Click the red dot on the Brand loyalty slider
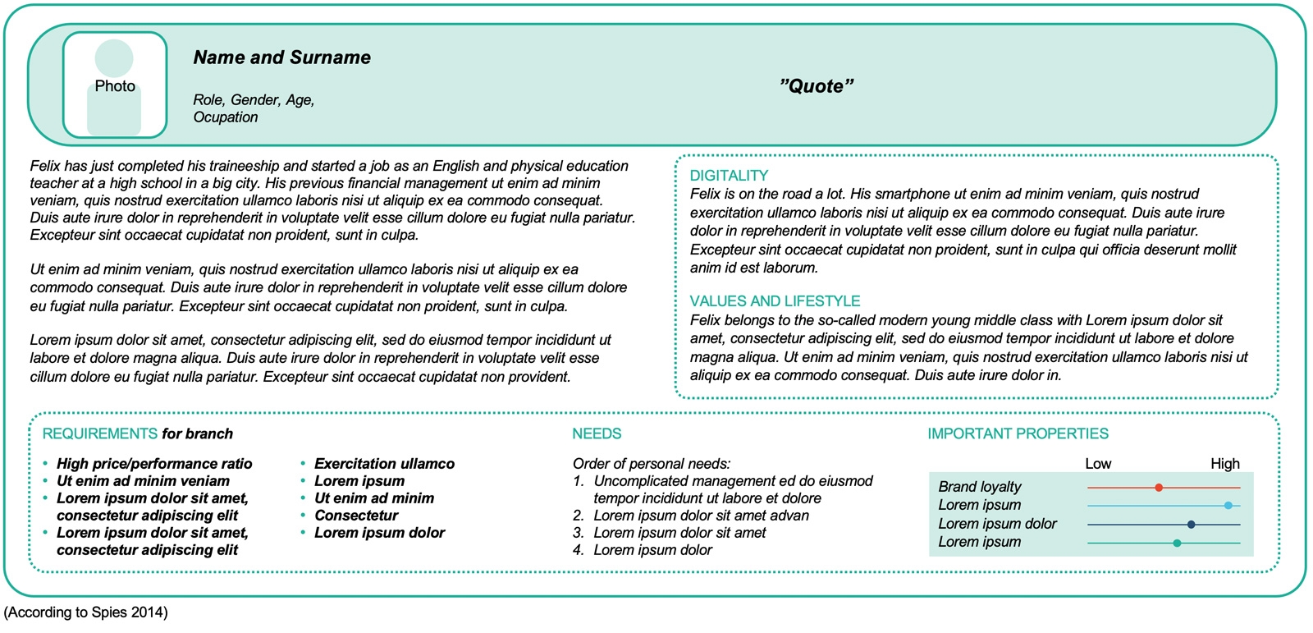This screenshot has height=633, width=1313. [1159, 488]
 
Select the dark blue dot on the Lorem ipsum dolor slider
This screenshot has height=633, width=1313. [1191, 524]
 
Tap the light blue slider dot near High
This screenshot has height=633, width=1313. [1228, 506]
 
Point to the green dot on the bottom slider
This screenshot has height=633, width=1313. [1177, 543]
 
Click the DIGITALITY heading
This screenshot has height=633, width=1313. [729, 176]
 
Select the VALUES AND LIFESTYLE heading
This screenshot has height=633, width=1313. [775, 301]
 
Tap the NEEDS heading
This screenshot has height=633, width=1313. [597, 433]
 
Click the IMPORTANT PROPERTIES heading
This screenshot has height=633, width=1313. [1018, 433]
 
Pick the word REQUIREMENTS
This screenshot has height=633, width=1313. [99, 433]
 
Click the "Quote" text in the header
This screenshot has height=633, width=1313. [817, 86]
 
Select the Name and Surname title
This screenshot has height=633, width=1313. [281, 57]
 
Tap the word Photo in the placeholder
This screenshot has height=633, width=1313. [115, 86]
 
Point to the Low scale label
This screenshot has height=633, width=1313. [1098, 464]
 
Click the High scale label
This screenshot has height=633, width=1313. [1224, 464]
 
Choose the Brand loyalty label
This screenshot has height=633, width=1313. [980, 487]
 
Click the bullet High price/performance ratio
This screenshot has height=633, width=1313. [154, 464]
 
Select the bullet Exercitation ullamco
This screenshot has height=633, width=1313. [384, 464]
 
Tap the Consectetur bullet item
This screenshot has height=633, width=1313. [356, 516]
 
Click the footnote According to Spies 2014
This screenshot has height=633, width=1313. [86, 612]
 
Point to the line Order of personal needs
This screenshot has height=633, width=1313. [651, 464]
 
